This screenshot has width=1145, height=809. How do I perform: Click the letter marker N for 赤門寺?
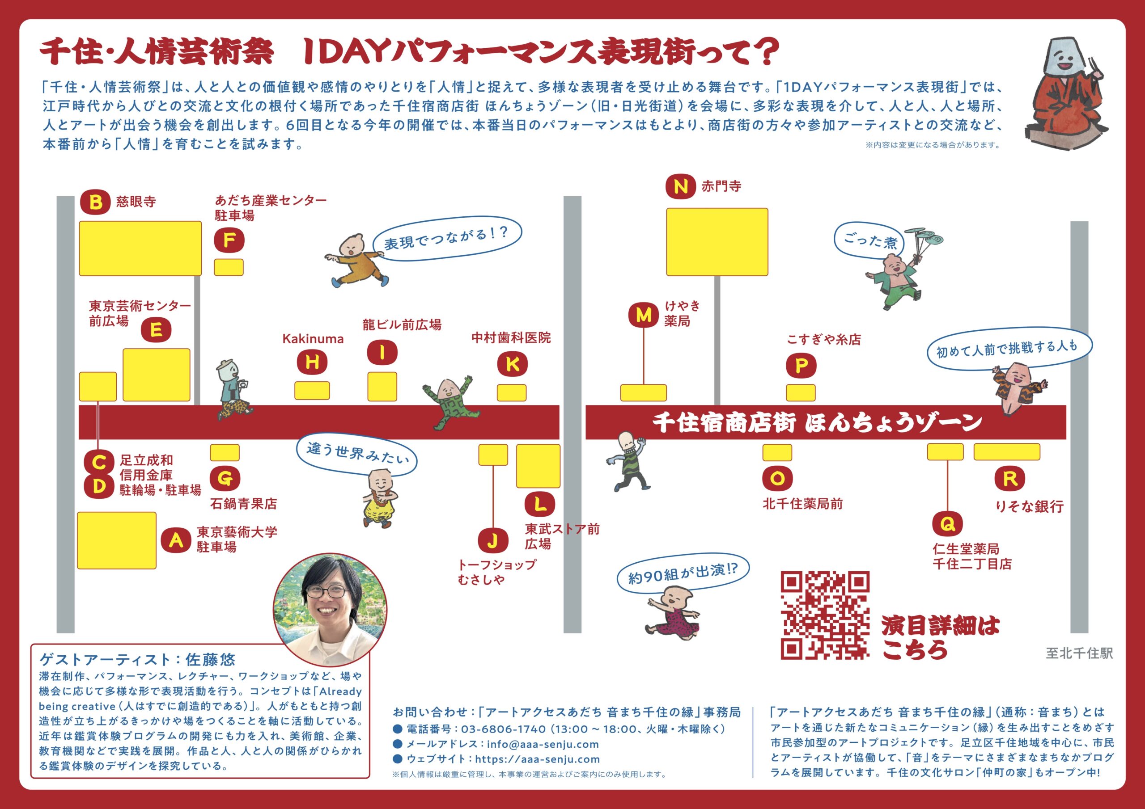680,186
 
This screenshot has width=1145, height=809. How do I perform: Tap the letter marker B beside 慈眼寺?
95,202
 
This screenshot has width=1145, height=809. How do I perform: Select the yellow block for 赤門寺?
717,242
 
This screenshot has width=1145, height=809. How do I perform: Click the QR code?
825,615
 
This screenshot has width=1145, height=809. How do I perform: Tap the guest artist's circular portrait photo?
330,610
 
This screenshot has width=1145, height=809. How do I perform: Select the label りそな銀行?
1029,506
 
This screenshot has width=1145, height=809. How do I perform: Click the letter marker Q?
947,524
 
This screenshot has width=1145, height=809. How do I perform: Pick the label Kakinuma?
313,339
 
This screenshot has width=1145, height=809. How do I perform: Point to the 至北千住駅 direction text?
1079,653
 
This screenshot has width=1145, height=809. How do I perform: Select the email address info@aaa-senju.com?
543,744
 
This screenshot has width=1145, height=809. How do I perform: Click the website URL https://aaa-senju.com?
537,759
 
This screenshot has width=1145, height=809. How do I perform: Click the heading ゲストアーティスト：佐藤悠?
137,659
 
